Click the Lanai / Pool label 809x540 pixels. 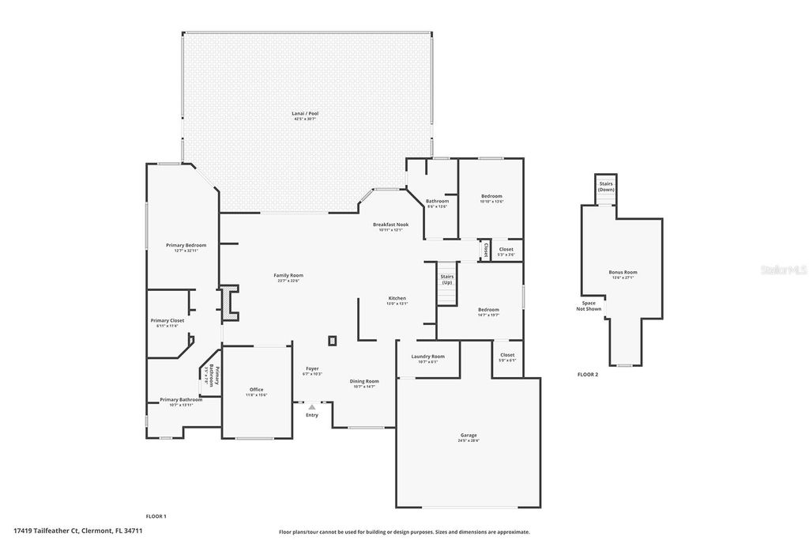point(304,114)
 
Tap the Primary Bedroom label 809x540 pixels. point(186,246)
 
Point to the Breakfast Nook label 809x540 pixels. point(390,225)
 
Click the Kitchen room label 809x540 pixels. point(397,299)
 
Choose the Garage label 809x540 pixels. point(468,436)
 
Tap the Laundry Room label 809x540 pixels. point(427,357)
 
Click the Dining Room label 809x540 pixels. point(364,382)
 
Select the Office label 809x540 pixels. point(256,390)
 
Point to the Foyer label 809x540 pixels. point(313,369)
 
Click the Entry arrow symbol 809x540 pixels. point(312,407)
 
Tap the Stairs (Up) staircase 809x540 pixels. point(447,282)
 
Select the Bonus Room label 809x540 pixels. point(623,273)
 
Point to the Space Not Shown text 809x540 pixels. point(589,306)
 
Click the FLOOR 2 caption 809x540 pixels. point(587,374)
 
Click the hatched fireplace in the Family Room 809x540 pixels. point(228,304)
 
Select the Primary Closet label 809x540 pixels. point(167,321)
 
